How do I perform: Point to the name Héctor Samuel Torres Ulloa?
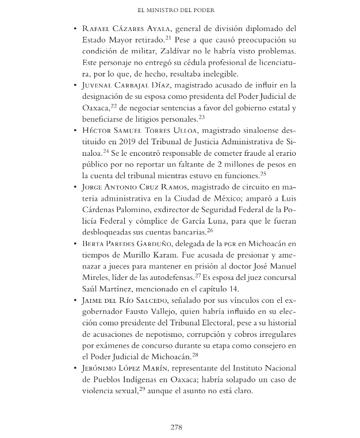tap(143, 130)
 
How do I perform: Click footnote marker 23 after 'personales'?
tap(202, 117)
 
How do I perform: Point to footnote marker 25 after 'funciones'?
tap(262, 173)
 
